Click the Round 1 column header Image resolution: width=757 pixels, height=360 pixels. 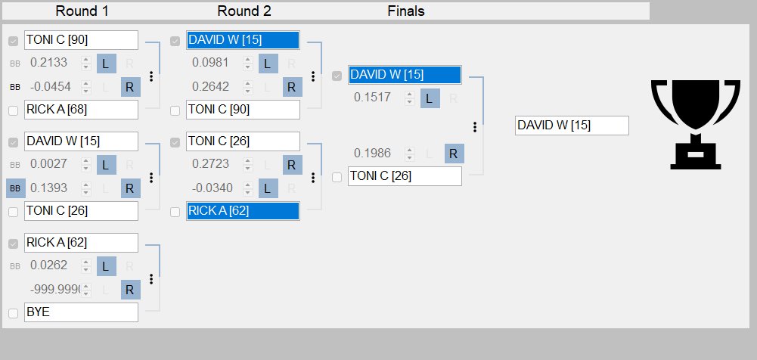(x=82, y=11)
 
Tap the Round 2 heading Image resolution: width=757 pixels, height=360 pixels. (x=244, y=11)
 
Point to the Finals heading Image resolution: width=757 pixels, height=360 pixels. (x=406, y=11)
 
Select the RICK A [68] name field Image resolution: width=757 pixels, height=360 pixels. (x=81, y=110)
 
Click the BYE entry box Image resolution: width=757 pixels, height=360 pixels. (x=81, y=312)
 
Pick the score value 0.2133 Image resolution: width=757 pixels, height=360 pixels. (x=48, y=63)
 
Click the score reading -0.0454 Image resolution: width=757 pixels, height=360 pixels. (x=50, y=87)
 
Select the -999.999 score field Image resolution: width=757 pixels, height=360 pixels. (x=54, y=290)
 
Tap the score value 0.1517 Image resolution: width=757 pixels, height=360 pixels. (x=372, y=98)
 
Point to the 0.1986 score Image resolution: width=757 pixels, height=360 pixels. (x=372, y=154)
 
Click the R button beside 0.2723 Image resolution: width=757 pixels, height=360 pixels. (x=292, y=165)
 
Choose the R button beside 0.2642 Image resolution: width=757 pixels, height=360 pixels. (x=292, y=87)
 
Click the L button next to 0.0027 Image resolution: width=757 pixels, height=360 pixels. (x=106, y=165)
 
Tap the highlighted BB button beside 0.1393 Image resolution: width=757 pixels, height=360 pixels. (x=15, y=188)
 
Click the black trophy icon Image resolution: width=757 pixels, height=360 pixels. (x=695, y=125)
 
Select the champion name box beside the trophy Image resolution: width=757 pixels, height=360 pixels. (x=572, y=126)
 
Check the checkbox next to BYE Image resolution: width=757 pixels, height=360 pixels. (x=14, y=313)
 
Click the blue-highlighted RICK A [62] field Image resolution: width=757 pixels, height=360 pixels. (x=243, y=211)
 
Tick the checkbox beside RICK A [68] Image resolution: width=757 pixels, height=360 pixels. (x=14, y=111)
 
